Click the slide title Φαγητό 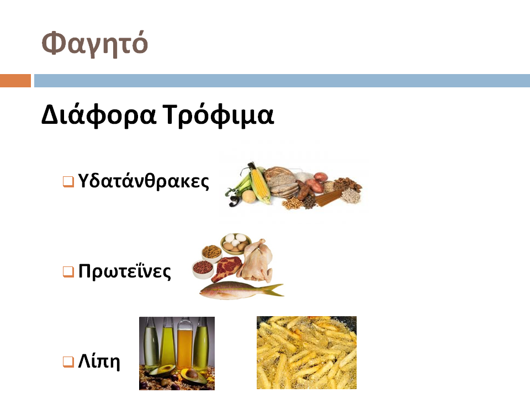[94, 44]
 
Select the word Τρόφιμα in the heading [218, 115]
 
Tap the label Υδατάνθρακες [144, 181]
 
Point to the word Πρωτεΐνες [125, 271]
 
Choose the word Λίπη [99, 361]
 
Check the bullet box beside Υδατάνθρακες [68, 181]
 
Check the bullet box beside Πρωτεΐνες [68, 271]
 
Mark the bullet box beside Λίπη [68, 362]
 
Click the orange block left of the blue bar [15, 81]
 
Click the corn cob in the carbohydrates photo [259, 185]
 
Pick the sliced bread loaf [280, 182]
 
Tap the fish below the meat [241, 290]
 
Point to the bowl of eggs [236, 243]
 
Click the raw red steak [226, 269]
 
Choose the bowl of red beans [203, 269]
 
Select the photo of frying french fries [306, 353]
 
